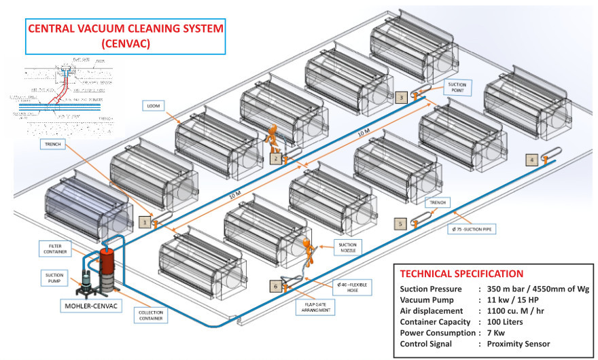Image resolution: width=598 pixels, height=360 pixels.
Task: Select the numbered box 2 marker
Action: (275, 158)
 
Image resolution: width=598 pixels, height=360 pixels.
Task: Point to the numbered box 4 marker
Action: (533, 160)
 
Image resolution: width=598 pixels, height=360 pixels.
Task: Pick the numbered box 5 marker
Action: (401, 222)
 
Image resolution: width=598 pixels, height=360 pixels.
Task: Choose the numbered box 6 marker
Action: (275, 286)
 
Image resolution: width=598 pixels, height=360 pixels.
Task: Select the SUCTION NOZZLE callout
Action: (345, 247)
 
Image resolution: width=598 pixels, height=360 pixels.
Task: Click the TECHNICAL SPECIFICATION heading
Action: (461, 274)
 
